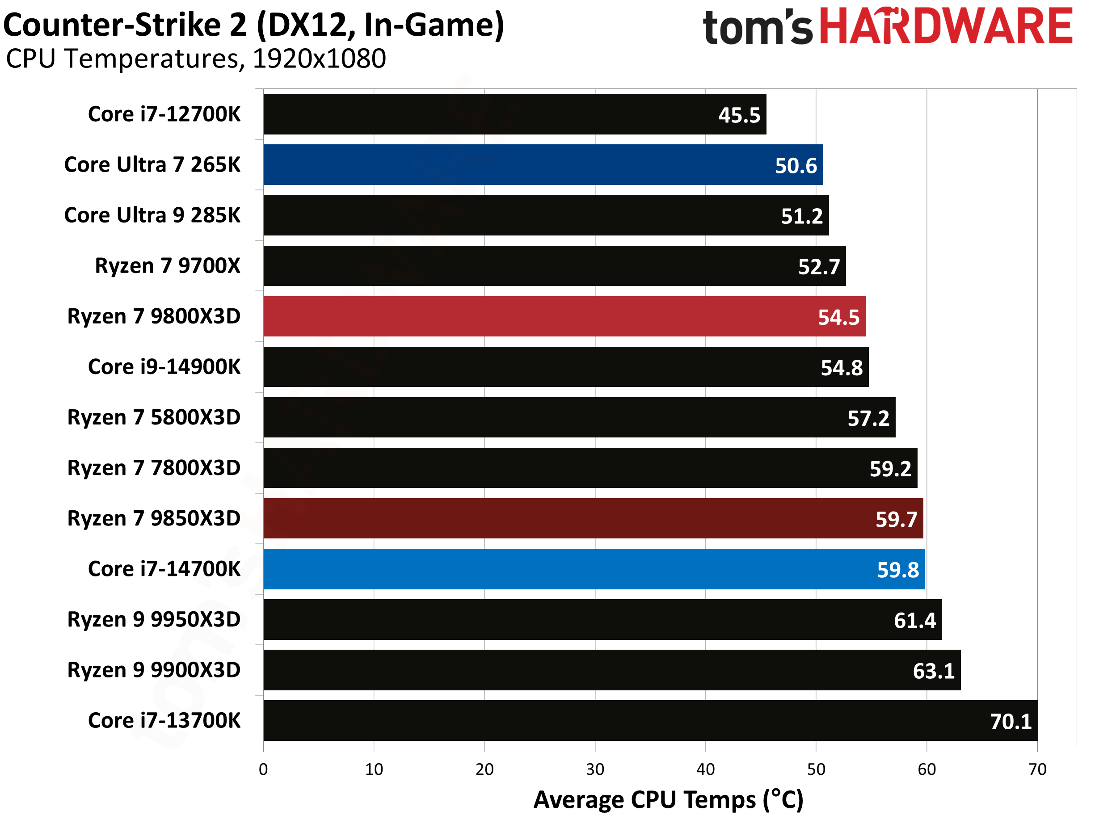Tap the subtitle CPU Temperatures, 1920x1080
click(196, 59)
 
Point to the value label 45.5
click(739, 115)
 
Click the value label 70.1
click(1011, 722)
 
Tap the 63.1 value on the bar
click(933, 671)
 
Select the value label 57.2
click(868, 419)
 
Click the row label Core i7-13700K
click(164, 721)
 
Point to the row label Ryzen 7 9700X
click(168, 266)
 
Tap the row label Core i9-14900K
click(164, 367)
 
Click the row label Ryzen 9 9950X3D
click(154, 620)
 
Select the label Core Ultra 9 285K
click(152, 215)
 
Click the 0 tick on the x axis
click(264, 769)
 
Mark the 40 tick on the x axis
click(705, 769)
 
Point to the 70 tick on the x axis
click(1037, 769)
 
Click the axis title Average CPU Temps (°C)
click(668, 800)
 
